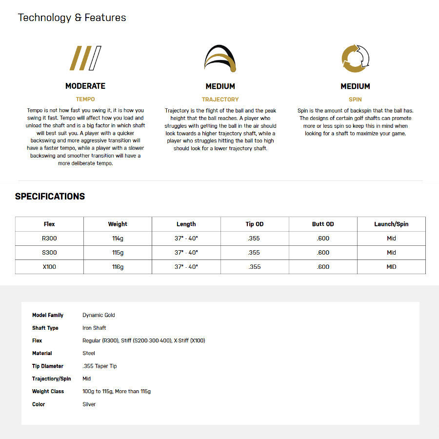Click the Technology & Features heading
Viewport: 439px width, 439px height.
coord(72,18)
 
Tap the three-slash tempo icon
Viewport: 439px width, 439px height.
coord(85,58)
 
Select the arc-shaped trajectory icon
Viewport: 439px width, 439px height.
coord(220,59)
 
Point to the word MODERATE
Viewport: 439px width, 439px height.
coord(85,86)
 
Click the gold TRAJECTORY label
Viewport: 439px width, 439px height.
coord(220,100)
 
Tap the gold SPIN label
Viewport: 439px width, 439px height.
coord(355,100)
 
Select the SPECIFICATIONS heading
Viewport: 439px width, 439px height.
coord(50,197)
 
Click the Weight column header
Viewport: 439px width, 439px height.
coord(118,224)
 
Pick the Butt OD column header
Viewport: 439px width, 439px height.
coord(323,224)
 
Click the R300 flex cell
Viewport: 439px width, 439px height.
coord(49,239)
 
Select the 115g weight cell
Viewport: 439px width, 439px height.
coord(118,253)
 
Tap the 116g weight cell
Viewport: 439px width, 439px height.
coord(118,267)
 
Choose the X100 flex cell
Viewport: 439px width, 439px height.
coord(49,267)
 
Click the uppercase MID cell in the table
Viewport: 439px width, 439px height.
coord(391,267)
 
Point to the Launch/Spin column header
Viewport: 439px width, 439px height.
coord(391,224)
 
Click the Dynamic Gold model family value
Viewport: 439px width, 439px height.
coord(99,315)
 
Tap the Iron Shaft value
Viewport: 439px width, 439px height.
coord(94,328)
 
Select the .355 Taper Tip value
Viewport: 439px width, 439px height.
coord(100,366)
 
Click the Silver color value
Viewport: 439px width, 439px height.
coord(89,404)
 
